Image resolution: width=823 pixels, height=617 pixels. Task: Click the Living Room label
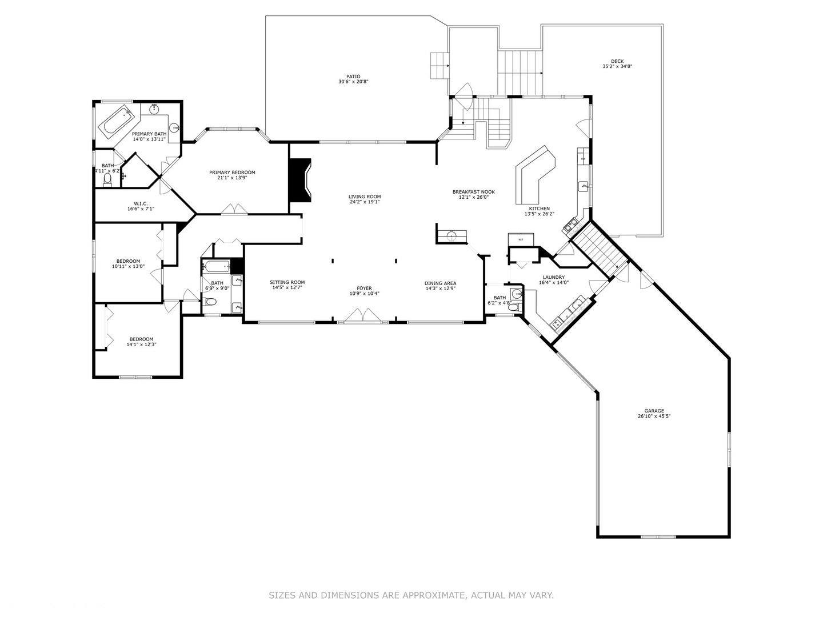[x=365, y=197]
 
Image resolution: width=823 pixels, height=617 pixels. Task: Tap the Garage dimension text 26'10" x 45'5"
[x=654, y=416]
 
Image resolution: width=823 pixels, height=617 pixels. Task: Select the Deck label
[x=617, y=61]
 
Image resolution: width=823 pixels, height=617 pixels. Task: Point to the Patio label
[x=353, y=77]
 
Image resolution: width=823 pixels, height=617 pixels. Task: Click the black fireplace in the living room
[x=300, y=180]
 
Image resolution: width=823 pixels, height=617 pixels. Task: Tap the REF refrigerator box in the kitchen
[x=521, y=239]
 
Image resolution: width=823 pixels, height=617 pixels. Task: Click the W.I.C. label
[x=141, y=203]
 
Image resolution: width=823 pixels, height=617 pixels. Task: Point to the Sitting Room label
[x=287, y=282]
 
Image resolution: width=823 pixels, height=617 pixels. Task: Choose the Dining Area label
[x=440, y=283]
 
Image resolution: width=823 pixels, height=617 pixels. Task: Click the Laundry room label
[x=553, y=277]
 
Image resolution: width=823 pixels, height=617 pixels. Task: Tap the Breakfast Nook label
[x=473, y=192]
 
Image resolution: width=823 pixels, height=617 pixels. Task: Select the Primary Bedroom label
[x=232, y=173]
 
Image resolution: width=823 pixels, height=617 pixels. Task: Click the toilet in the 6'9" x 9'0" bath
[x=210, y=302]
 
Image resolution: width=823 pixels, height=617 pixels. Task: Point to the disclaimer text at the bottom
[x=411, y=595]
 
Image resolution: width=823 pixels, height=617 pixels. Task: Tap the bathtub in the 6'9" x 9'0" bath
[x=216, y=266]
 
